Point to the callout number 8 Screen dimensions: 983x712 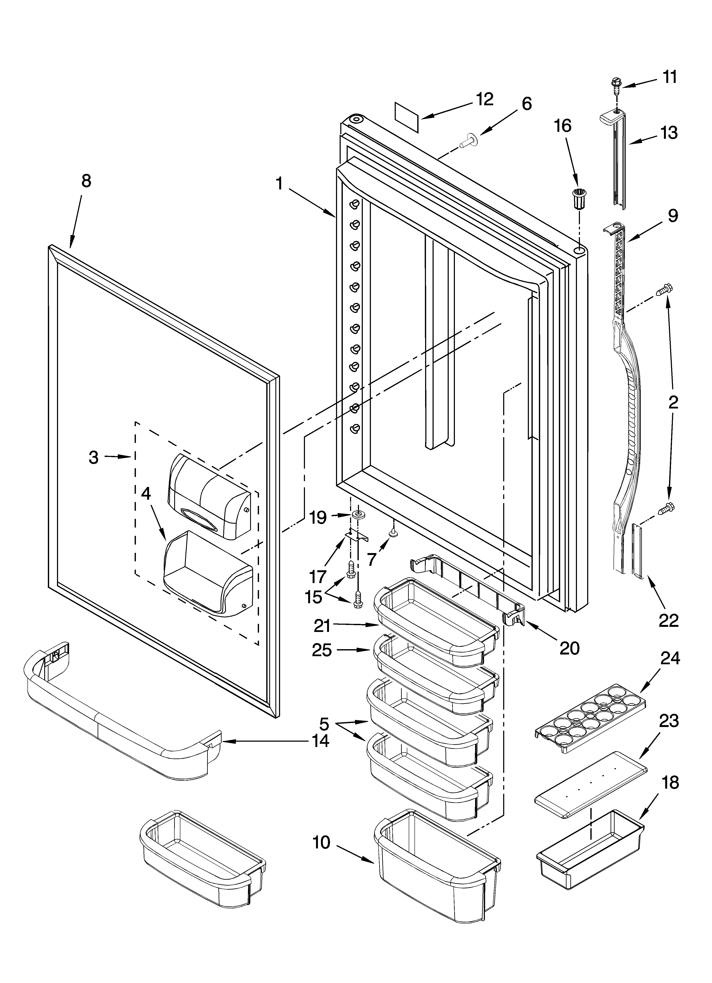pyautogui.click(x=86, y=181)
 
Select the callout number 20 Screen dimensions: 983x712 pyautogui.click(x=569, y=648)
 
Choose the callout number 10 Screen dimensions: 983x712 pyautogui.click(x=321, y=843)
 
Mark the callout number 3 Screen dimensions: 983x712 pyautogui.click(x=94, y=457)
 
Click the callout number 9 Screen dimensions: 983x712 pyautogui.click(x=672, y=215)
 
